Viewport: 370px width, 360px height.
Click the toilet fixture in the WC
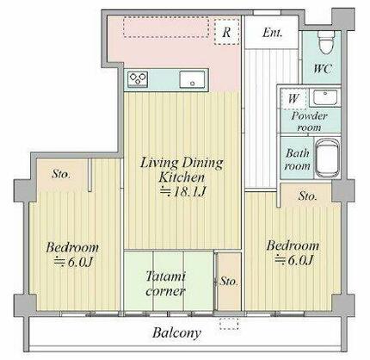click(x=325, y=42)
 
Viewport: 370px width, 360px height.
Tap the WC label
click(x=323, y=69)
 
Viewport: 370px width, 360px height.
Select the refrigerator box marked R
click(x=227, y=32)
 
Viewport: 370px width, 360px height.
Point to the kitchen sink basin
click(x=192, y=79)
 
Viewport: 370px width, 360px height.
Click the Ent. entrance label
click(x=272, y=33)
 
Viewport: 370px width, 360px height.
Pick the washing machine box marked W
click(x=293, y=99)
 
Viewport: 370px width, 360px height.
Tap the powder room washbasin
click(x=325, y=97)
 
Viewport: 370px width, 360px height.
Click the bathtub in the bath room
click(x=327, y=159)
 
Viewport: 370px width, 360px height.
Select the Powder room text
click(x=309, y=121)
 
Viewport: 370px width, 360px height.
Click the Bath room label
click(x=298, y=159)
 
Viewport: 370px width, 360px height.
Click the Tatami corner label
click(x=165, y=284)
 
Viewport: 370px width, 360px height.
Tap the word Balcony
click(x=176, y=333)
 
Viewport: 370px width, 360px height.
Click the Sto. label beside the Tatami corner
click(x=229, y=282)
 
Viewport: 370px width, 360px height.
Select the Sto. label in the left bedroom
click(x=61, y=174)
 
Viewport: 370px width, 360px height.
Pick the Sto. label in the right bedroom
click(x=307, y=196)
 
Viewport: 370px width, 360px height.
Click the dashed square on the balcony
click(x=229, y=324)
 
